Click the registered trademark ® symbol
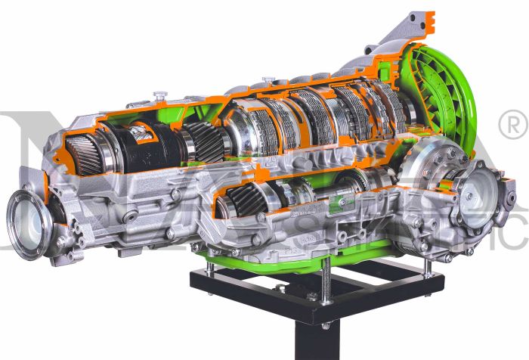[512, 120]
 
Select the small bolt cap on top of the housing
[159, 96]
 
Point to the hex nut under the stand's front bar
[326, 326]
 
